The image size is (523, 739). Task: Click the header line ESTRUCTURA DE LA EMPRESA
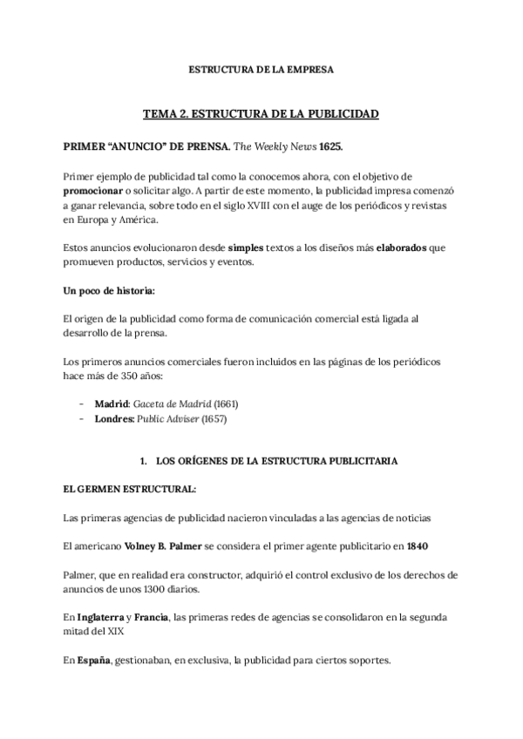(x=261, y=69)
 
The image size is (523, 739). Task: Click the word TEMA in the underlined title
(x=161, y=113)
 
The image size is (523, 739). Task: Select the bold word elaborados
(x=402, y=247)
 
